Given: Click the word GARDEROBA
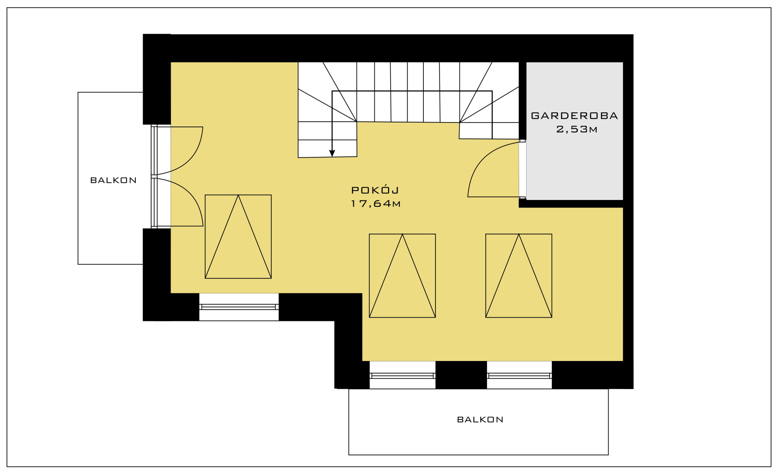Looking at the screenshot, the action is click(574, 116).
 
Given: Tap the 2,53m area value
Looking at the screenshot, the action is click(577, 129).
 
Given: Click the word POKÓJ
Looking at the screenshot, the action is click(375, 190).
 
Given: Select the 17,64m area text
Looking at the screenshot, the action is click(376, 204).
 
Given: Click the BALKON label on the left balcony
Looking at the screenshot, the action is click(113, 180).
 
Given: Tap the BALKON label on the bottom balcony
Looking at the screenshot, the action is click(480, 419).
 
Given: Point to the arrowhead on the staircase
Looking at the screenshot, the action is click(332, 153).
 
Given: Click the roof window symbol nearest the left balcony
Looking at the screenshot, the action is click(238, 236).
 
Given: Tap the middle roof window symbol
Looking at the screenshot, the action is click(402, 275).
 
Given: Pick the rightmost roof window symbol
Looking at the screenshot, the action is click(519, 275).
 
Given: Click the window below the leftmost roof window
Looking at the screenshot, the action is click(239, 307).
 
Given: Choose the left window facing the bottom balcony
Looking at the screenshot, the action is click(402, 375).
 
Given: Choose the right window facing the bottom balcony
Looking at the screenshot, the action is click(519, 375).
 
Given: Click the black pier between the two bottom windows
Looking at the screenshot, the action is click(461, 375).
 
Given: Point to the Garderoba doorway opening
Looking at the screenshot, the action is click(523, 169).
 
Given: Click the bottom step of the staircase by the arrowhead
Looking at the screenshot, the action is click(327, 148).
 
